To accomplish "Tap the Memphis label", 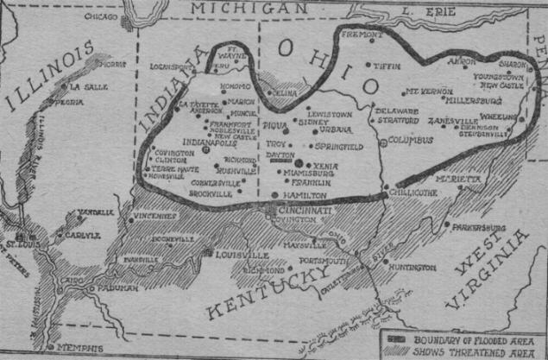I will pyautogui.click(x=82, y=347).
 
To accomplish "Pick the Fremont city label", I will pyautogui.click(x=360, y=35).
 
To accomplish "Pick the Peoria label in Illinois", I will pyautogui.click(x=70, y=102).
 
